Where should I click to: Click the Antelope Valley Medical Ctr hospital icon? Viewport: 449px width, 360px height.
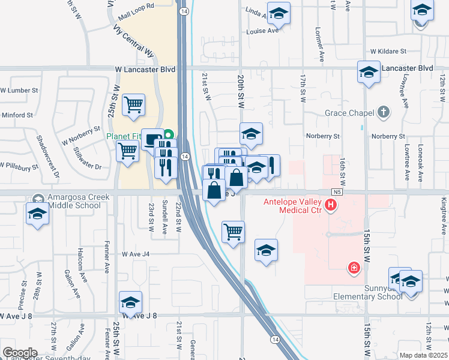pos(330,206)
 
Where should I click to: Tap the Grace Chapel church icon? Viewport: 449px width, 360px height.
pos(383,112)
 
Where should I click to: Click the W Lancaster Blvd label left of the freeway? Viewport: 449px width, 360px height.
pos(145,70)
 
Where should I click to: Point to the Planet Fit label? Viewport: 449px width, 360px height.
pos(125,136)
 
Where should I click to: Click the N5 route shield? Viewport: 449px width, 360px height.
pos(335,191)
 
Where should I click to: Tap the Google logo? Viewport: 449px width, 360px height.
pos(20,353)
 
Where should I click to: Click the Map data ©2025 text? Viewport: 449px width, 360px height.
pos(423,355)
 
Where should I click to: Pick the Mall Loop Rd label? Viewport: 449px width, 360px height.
pos(136,5)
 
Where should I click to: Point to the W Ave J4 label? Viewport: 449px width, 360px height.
pos(135,254)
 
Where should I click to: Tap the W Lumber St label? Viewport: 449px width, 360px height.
pos(19,90)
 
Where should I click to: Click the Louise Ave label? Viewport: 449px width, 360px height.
pos(262,31)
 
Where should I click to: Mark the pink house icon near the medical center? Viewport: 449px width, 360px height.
pos(354,268)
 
